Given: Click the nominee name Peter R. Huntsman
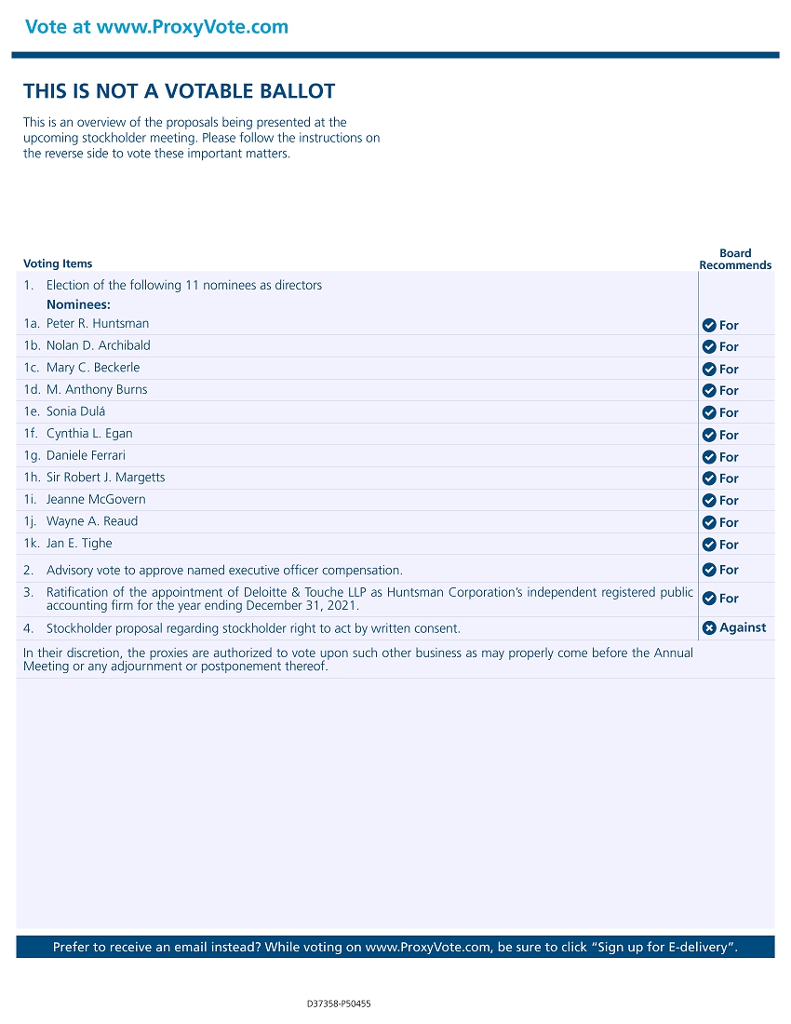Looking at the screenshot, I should pos(98,324).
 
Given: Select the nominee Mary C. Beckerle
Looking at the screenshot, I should pos(93,368).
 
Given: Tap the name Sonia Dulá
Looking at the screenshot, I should pos(75,411).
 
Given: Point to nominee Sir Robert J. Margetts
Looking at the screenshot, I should pos(105,478).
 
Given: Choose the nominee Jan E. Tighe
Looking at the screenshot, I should pos(79,544).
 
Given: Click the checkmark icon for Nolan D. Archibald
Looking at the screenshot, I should pos(709,346).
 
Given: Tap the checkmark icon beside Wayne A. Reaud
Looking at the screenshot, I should pos(709,522).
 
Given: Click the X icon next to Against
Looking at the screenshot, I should pos(709,627).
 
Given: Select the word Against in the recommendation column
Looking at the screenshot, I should pos(743,627).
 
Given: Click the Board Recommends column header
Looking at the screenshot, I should pos(735,259).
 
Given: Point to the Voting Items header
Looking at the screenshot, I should pos(58,263).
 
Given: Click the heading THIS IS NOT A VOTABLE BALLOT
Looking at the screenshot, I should pos(179,91).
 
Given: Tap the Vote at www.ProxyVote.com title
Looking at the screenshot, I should pos(156,27).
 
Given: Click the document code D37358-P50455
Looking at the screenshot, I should pos(339,1004).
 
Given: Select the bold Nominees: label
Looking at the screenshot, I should pos(78,304).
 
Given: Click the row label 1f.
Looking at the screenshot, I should pos(31,434).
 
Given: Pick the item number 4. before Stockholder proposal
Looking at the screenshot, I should pos(29,628).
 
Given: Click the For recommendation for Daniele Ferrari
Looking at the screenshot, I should pos(729,457).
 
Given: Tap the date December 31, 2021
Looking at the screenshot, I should pos(305,606).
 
